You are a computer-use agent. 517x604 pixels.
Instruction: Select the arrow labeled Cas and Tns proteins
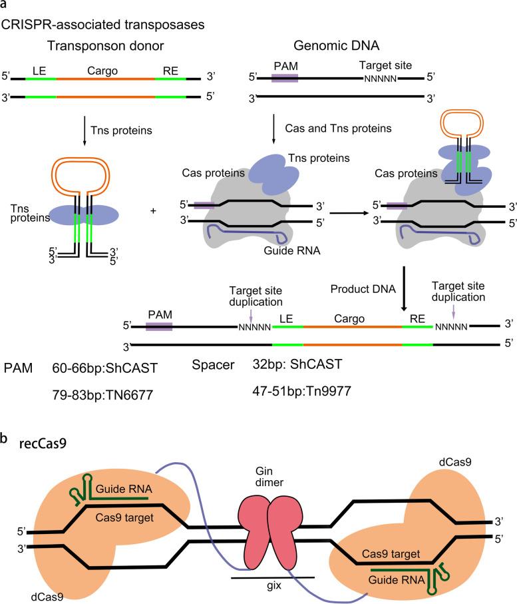pyautogui.click(x=274, y=127)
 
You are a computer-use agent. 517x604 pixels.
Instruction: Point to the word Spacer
pyautogui.click(x=212, y=367)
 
